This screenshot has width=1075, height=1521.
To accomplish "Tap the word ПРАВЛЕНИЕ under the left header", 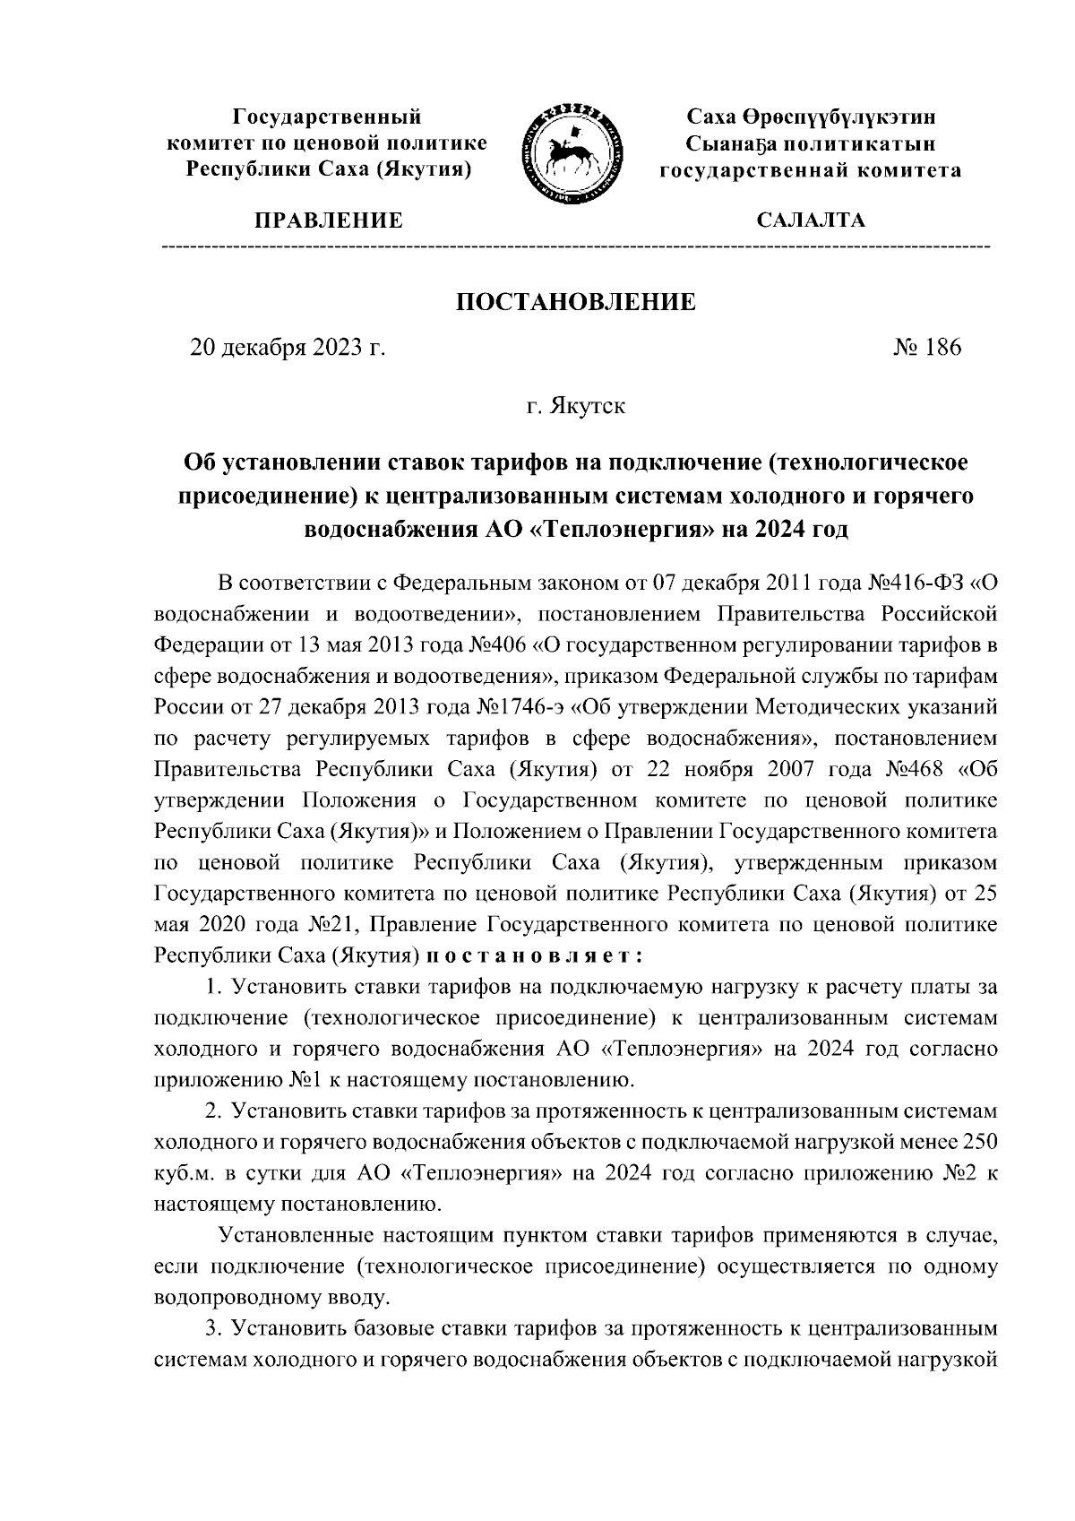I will coord(328,220).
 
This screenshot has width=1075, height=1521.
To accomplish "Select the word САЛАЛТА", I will coord(811,220).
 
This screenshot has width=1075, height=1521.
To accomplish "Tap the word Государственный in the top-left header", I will coord(327,117).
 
